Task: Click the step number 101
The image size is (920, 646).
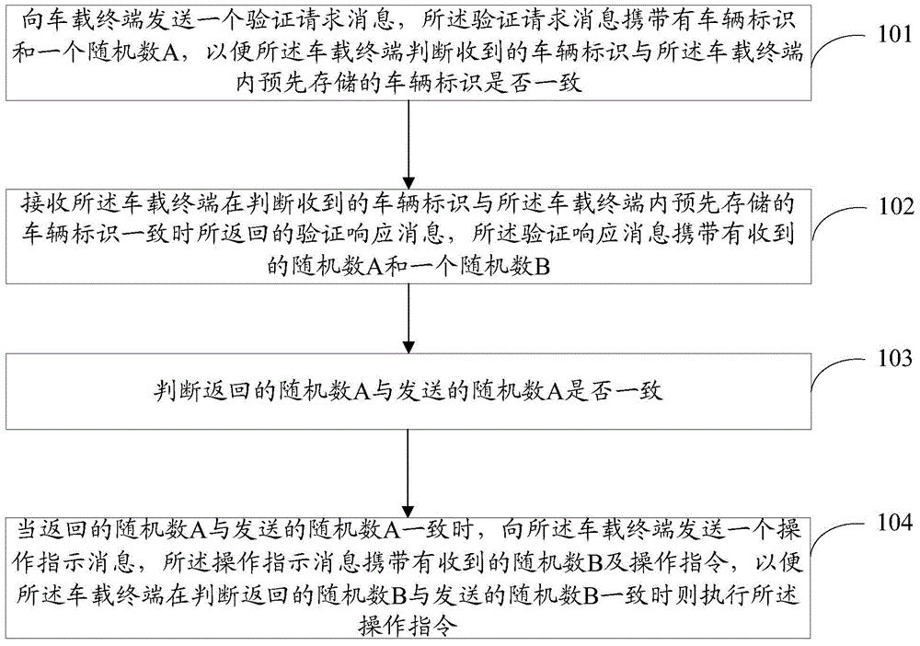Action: coord(895,35)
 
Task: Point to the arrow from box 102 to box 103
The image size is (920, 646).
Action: coord(409,318)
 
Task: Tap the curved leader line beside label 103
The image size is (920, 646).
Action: coord(838,371)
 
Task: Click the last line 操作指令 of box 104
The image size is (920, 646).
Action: coord(408,626)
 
